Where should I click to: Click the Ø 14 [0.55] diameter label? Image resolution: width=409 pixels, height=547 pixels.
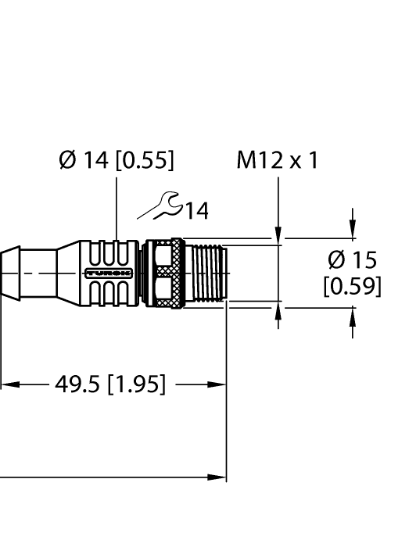point(117,161)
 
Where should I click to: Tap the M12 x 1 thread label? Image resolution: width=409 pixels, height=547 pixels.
point(278,161)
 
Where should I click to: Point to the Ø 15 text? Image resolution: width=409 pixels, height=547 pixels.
point(352,260)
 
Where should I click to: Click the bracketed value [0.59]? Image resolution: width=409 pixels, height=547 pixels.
point(352,286)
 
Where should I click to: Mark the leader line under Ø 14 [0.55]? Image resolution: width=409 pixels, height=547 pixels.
point(117,207)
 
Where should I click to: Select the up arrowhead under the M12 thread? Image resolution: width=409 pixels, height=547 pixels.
point(278,313)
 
